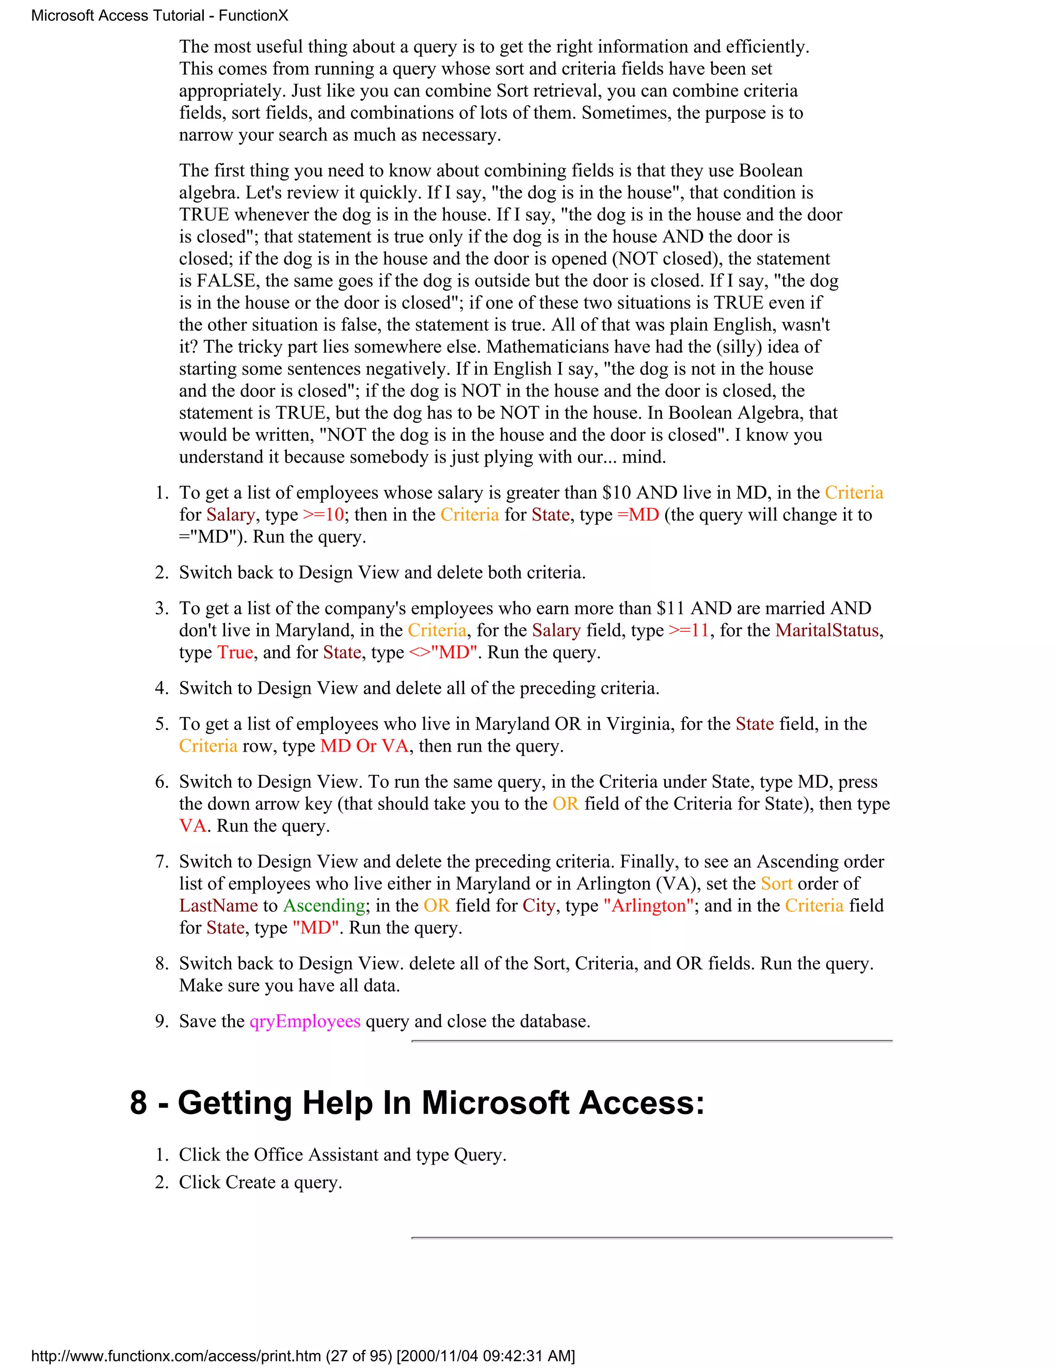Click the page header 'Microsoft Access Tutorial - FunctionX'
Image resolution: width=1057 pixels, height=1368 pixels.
point(159,15)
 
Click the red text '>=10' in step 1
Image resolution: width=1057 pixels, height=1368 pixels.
point(323,515)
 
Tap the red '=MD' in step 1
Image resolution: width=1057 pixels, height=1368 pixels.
point(638,515)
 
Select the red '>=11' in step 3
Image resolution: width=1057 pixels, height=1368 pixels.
point(689,630)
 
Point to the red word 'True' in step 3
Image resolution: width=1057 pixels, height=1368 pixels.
point(235,653)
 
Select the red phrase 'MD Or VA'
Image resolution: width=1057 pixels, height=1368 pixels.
point(364,746)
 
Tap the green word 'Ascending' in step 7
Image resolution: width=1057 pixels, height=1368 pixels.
point(324,906)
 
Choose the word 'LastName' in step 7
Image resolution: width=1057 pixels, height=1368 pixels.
point(218,906)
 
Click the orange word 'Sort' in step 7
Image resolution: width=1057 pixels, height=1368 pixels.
point(776,884)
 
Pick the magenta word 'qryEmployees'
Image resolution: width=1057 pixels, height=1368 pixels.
point(305,1022)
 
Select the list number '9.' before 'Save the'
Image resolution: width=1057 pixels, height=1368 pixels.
point(162,1022)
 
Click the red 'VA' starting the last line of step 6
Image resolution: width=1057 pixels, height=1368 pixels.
point(192,826)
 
